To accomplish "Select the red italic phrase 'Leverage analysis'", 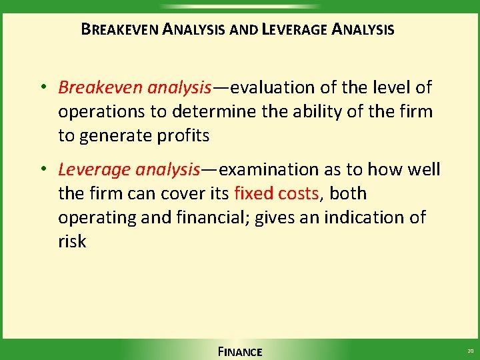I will coord(129,170).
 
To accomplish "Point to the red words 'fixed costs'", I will coord(277,194).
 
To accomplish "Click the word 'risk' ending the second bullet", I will coord(72,241).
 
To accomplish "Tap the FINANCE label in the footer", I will coord(239,351).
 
